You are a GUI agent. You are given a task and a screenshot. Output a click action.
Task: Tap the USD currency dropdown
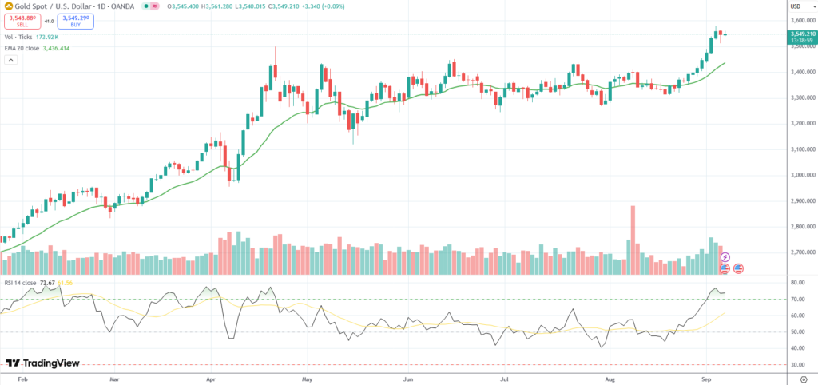pyautogui.click(x=796, y=6)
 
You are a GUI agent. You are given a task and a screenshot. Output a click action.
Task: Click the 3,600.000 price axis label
pyautogui.click(x=800, y=21)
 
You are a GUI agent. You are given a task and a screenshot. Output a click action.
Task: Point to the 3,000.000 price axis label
pyautogui.click(x=800, y=175)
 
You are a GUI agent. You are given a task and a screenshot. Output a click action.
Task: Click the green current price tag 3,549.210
pyautogui.click(x=800, y=34)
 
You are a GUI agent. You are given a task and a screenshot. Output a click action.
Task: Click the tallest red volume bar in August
pyautogui.click(x=633, y=240)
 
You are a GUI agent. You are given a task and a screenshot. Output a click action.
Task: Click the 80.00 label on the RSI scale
pyautogui.click(x=796, y=283)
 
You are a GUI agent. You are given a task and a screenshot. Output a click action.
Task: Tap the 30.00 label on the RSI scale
pyautogui.click(x=796, y=365)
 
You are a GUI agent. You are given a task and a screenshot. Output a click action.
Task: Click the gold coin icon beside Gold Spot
pyautogui.click(x=7, y=6)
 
